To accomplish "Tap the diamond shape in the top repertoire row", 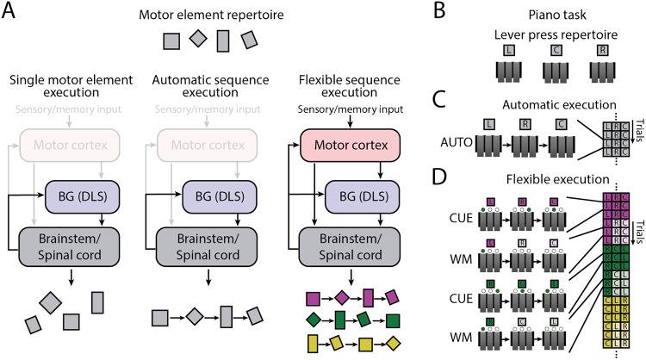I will pyautogui.click(x=197, y=38).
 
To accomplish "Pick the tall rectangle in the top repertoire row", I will pyautogui.click(x=223, y=40).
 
